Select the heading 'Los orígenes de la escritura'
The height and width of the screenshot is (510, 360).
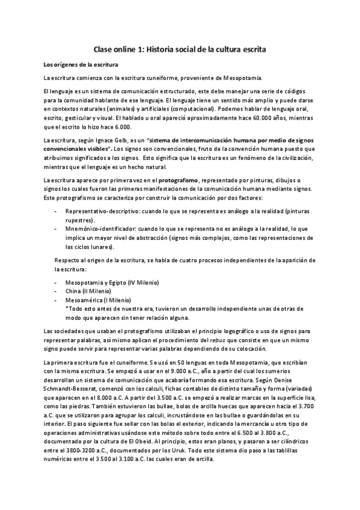[x=77, y=64]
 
